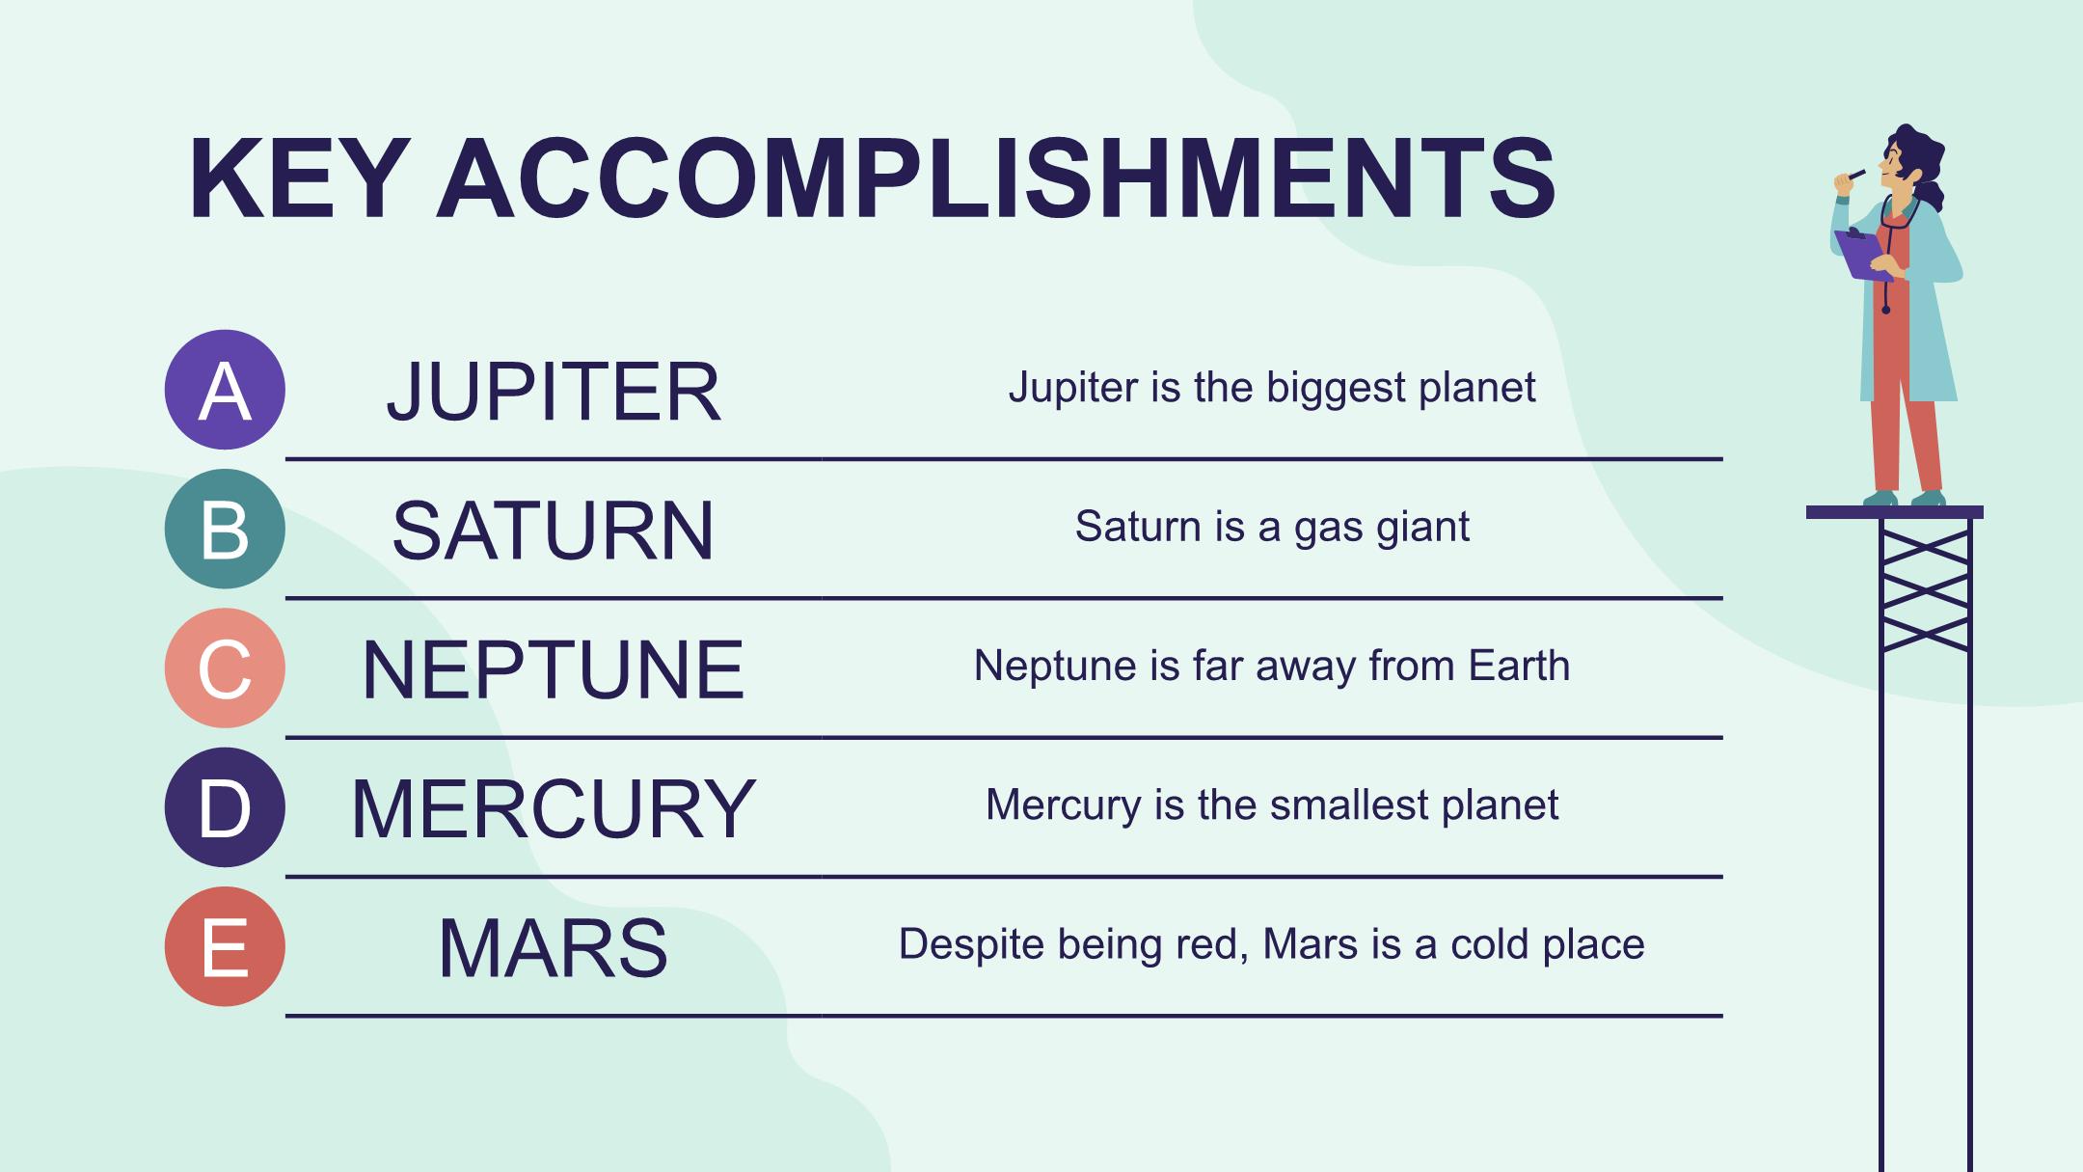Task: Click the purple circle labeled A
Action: (225, 390)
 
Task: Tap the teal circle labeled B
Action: (225, 529)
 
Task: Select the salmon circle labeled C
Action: (225, 668)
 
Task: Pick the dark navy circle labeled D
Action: (225, 807)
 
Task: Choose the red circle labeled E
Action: (225, 946)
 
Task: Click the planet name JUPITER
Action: (554, 392)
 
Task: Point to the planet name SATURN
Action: (554, 531)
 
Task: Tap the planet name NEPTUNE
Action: (554, 669)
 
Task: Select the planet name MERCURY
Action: (554, 808)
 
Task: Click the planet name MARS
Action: (554, 948)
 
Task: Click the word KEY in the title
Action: (295, 179)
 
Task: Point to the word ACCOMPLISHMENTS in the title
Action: (996, 179)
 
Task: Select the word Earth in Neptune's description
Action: (1519, 666)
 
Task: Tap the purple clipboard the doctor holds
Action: (1863, 255)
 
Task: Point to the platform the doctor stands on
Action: (1895, 512)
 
